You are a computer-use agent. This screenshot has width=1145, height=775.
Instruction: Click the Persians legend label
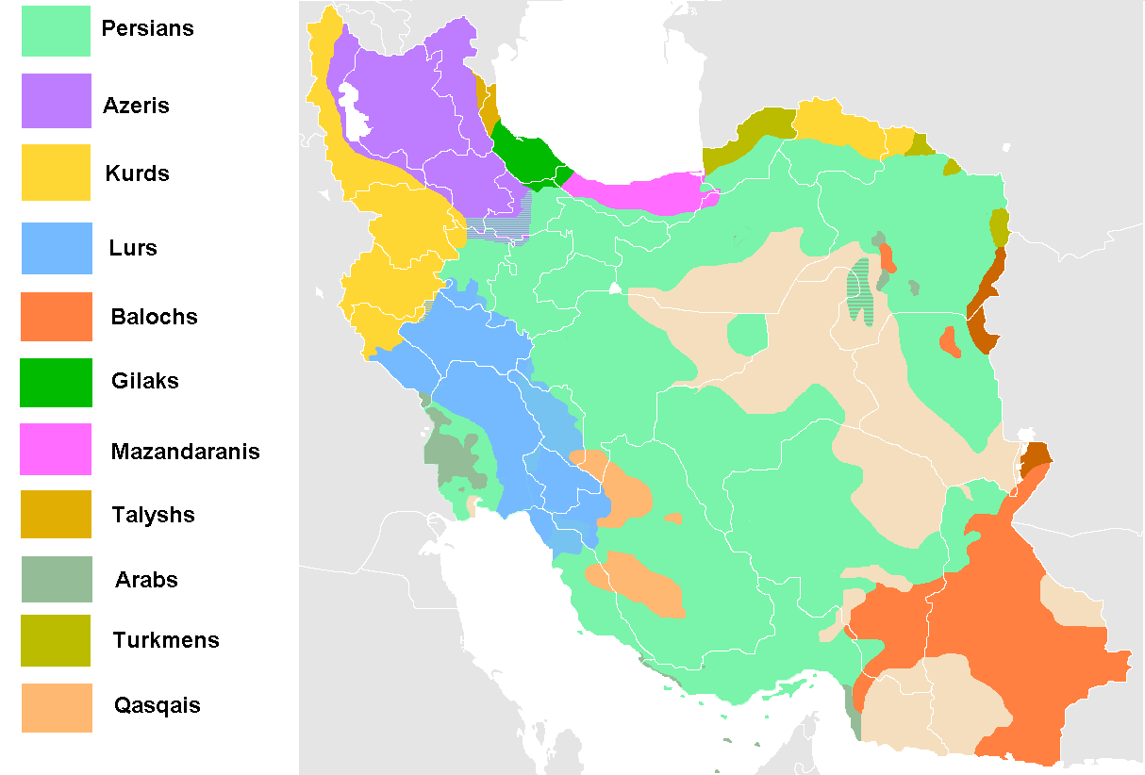coord(147,28)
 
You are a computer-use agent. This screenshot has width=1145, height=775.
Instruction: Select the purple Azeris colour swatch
coord(57,101)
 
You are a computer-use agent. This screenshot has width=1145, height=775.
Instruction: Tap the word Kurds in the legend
coord(138,173)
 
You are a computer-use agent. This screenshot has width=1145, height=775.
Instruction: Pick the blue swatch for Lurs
coord(57,248)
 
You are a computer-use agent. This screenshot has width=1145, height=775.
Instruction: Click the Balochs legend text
coord(154,317)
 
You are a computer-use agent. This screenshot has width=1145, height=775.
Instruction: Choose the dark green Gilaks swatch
coord(57,382)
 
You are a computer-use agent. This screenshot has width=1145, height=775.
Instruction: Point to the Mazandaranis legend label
coord(185,451)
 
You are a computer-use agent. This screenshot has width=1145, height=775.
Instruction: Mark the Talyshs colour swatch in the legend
coord(57,514)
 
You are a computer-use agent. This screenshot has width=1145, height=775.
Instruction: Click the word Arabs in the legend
coord(146,580)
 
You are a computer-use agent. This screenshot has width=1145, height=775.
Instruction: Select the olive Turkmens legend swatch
coord(57,640)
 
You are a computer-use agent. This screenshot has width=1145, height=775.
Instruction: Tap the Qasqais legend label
coord(157,705)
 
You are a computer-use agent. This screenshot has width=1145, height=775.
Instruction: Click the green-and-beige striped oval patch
coord(859,290)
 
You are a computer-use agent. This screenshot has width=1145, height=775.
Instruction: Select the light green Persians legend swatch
coord(57,30)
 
